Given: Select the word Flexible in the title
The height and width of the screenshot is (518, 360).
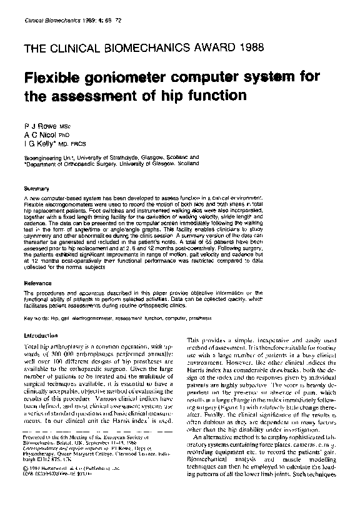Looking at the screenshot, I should click(x=50, y=77).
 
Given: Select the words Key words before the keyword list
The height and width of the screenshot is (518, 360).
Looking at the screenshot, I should click(x=36, y=318).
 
